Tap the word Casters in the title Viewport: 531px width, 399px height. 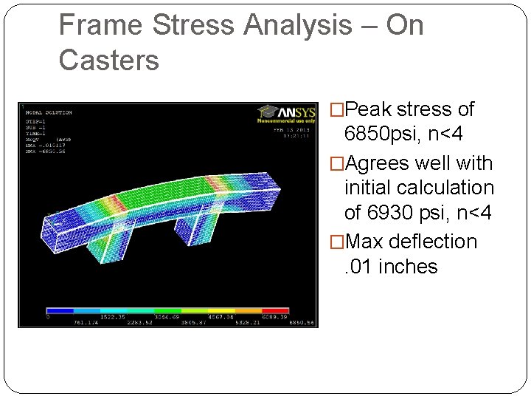[x=108, y=61]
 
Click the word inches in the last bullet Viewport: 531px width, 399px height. [x=408, y=267]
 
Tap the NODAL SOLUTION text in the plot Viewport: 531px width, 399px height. [x=49, y=112]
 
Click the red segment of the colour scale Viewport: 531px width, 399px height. [x=275, y=310]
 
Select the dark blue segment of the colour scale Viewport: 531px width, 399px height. [x=60, y=310]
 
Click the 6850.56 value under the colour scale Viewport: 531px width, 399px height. [x=301, y=322]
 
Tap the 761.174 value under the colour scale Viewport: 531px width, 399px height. [x=87, y=322]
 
